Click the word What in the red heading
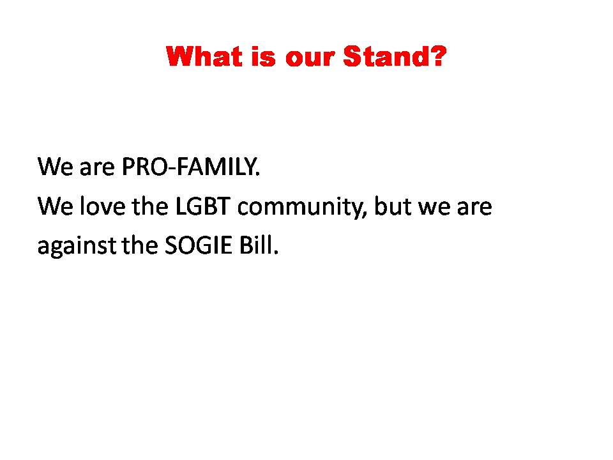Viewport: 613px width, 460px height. [202, 56]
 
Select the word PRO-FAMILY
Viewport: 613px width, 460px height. [190, 167]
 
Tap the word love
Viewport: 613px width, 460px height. [102, 206]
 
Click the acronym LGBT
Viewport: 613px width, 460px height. [202, 206]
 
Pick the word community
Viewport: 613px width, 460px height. [300, 208]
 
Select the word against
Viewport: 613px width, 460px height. [77, 247]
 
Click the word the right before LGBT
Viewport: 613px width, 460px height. [150, 206]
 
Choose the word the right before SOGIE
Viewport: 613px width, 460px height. [140, 245]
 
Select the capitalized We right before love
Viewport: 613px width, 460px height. [55, 206]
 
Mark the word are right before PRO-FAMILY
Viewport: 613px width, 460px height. [97, 169]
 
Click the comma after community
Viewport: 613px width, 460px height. [365, 215]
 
